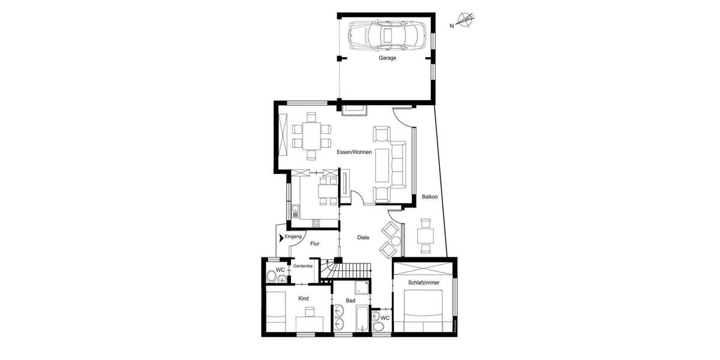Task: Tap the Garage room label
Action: (387, 58)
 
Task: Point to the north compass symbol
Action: (465, 21)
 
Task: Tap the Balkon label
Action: (430, 196)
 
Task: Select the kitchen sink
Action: (296, 211)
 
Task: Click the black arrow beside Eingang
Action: (281, 238)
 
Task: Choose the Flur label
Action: (314, 244)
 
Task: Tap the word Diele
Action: (363, 238)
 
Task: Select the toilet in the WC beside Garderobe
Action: (272, 277)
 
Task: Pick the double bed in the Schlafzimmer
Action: (423, 310)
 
